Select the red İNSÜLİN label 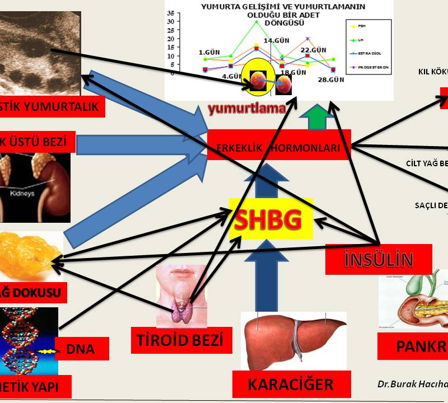(379, 260)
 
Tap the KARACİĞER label (291, 385)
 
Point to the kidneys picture (36, 179)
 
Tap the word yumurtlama (247, 109)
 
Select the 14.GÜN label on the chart (276, 40)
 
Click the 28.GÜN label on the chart (332, 80)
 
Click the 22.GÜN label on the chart (314, 50)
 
